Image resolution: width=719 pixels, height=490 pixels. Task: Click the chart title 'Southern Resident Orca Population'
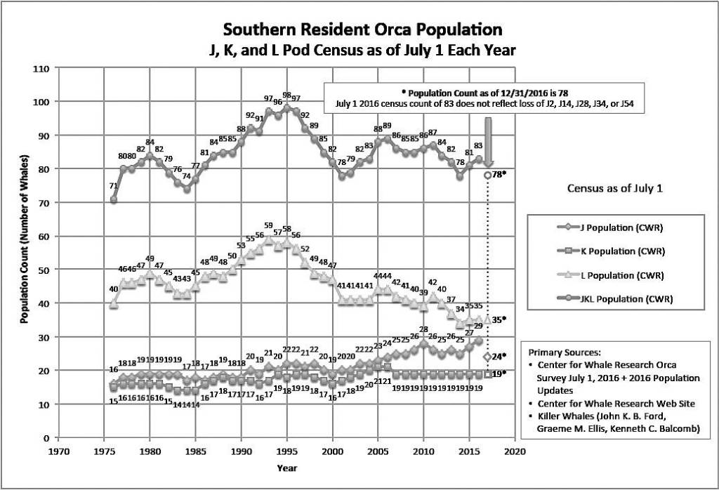pyautogui.click(x=362, y=30)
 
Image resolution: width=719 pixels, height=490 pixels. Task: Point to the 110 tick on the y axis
pyautogui.click(x=43, y=69)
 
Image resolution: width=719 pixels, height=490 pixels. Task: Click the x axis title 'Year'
pyautogui.click(x=286, y=467)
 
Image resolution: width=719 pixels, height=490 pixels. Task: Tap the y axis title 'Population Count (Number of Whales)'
pyautogui.click(x=24, y=253)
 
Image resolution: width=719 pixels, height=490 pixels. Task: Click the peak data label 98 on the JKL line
pyautogui.click(x=286, y=95)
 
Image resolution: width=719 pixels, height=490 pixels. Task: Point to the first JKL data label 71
pyautogui.click(x=113, y=185)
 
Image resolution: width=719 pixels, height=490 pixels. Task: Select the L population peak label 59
pyautogui.click(x=268, y=225)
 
